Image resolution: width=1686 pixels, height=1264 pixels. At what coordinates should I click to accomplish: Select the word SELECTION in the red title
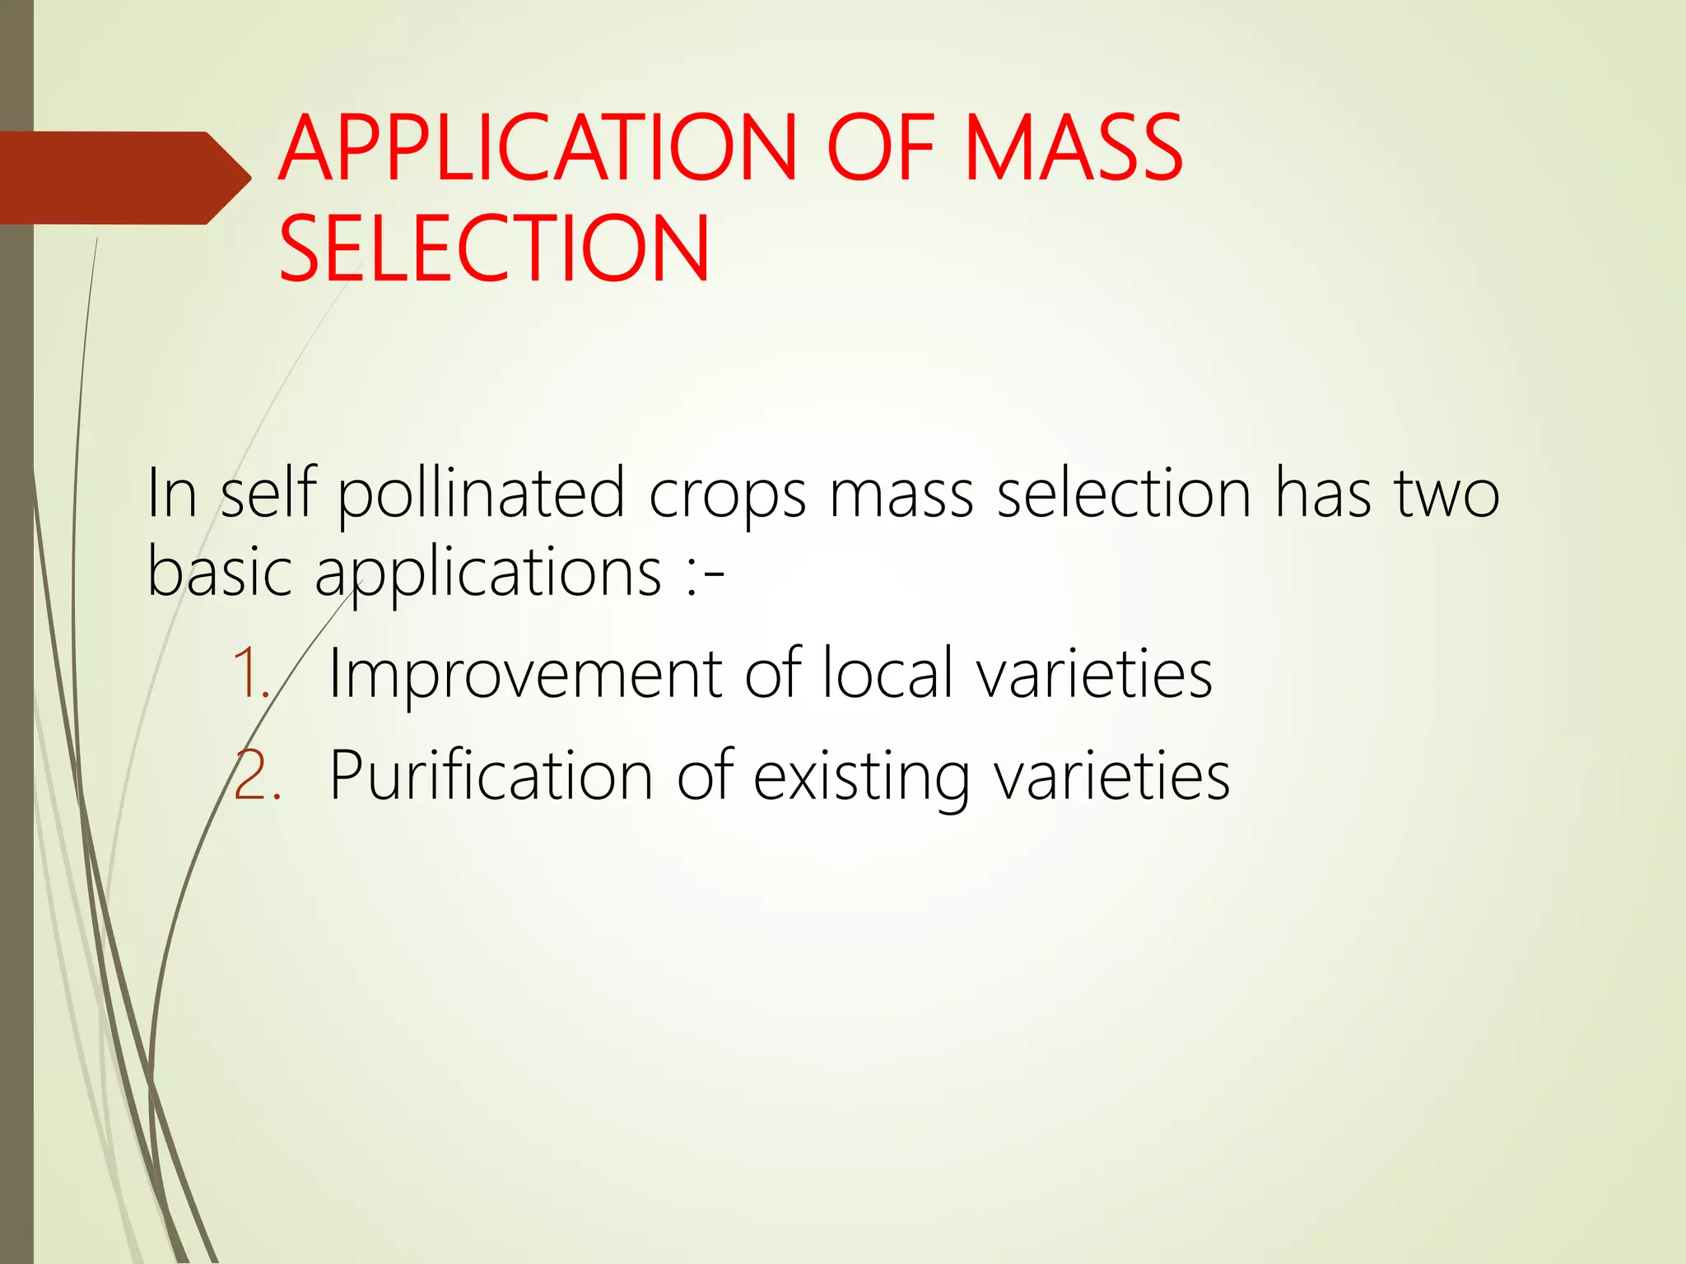[494, 249]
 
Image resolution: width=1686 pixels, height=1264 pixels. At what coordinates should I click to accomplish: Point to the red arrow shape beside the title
[123, 178]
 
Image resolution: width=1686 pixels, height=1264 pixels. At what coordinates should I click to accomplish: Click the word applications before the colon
[487, 574]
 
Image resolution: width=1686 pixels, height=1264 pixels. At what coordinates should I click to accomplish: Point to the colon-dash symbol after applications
[704, 574]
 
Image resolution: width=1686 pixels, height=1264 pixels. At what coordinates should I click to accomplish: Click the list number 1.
[250, 673]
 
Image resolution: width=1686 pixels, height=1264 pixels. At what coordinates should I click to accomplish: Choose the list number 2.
[255, 775]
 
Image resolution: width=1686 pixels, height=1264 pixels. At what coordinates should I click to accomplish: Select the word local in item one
[888, 673]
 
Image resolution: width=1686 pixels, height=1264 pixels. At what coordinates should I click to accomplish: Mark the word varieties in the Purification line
[1111, 775]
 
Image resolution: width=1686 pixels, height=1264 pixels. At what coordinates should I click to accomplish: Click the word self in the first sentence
[268, 494]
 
